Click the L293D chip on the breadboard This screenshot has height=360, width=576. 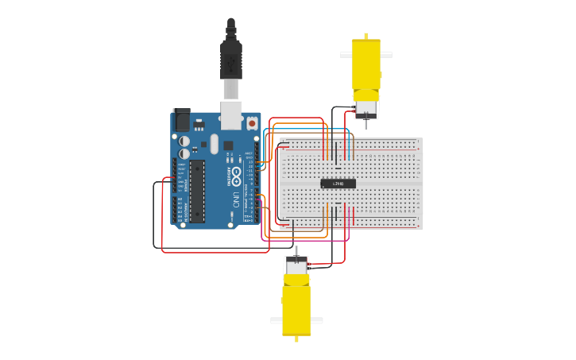coord(338,184)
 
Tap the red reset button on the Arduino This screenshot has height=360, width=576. coord(252,123)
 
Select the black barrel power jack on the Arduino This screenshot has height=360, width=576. coord(182,120)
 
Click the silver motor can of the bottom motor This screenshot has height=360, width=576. coord(296,268)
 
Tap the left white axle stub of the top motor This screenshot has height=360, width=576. coord(346,55)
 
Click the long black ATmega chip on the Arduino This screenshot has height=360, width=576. coord(196,191)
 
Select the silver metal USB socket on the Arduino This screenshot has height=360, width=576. coord(231,114)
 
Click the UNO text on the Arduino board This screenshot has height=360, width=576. coord(236,199)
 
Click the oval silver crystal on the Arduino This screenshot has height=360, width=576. coord(214,145)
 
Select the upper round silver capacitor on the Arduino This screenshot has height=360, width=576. coord(185,141)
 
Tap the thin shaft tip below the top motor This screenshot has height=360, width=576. coord(366,126)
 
